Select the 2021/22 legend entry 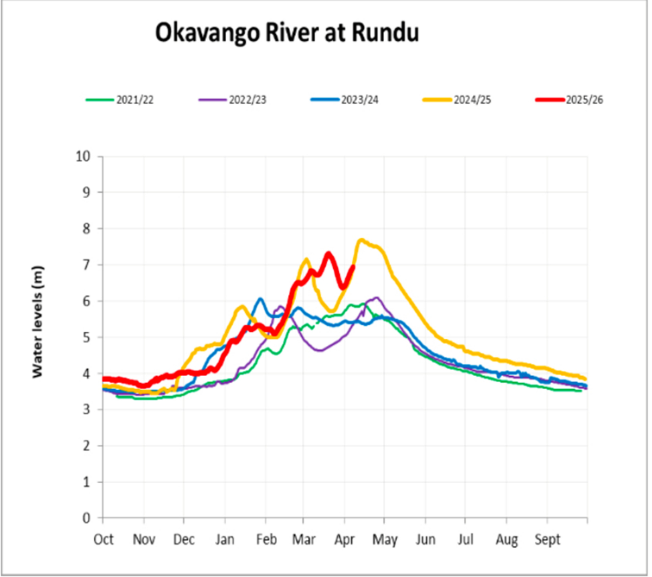(x=134, y=100)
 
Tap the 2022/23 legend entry (x=247, y=100)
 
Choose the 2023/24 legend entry (x=359, y=100)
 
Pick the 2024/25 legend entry (x=472, y=100)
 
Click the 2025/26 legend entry (x=584, y=100)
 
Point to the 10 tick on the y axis (x=83, y=156)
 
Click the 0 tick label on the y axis (x=86, y=518)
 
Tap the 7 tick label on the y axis (x=86, y=265)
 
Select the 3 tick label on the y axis (x=86, y=410)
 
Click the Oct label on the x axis (x=103, y=540)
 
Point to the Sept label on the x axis (x=547, y=540)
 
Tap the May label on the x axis (x=384, y=540)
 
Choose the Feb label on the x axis (x=266, y=540)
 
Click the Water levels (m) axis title (x=37, y=322)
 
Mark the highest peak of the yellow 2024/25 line (x=361, y=240)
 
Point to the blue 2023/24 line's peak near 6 (x=260, y=299)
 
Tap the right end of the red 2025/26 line (x=353, y=266)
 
